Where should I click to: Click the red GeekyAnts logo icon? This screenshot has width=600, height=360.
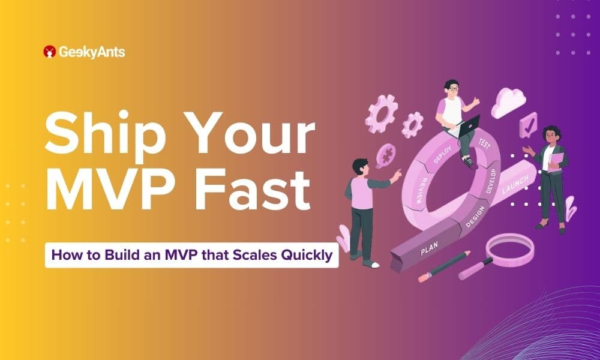[x=50, y=52]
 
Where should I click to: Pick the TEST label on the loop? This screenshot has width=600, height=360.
[x=484, y=144]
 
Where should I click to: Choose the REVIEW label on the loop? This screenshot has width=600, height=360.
[x=427, y=187]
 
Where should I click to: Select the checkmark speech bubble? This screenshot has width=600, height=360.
[x=528, y=125]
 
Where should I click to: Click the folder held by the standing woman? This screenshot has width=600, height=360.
[x=556, y=159]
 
